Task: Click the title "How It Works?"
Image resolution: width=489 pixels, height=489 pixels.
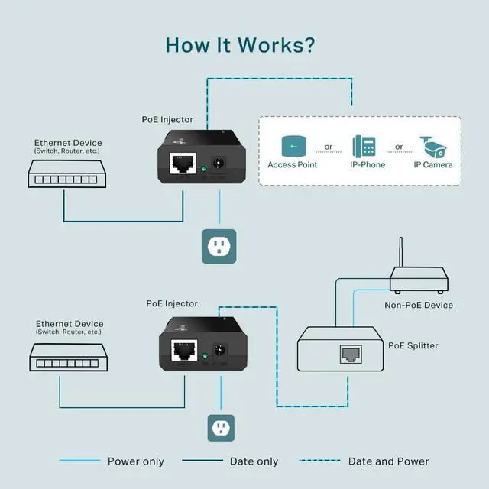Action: coord(240,44)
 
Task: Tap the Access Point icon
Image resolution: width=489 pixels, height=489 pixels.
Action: coord(292,145)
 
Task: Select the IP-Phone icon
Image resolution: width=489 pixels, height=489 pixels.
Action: coord(363,146)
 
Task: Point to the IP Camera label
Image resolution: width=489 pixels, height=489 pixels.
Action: coord(433,165)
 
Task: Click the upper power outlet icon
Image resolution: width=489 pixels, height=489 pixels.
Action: coord(219,246)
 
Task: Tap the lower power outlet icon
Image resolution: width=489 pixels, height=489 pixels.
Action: coord(221,428)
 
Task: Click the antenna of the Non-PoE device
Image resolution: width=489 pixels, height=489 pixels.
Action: coord(400,254)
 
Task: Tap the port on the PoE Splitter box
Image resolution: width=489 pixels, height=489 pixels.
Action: coord(351,354)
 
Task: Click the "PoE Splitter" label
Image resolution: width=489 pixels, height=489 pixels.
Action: coord(413,346)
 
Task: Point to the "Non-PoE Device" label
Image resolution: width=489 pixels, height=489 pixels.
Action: coord(419,306)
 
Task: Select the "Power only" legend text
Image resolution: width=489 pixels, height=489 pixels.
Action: coord(135,461)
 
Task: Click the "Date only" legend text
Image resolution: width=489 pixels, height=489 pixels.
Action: coord(254,461)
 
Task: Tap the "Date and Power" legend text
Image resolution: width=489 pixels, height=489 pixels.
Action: coord(388,461)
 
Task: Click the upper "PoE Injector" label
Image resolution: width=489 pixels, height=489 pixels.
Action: coord(167,120)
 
